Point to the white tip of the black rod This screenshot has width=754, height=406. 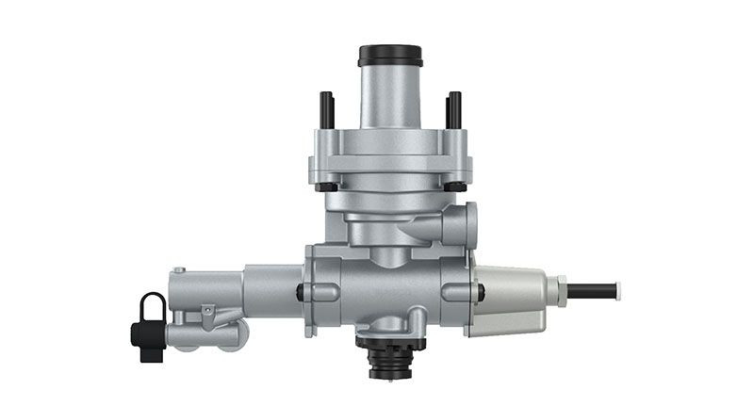[617, 291]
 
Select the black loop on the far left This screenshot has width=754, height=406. [152, 307]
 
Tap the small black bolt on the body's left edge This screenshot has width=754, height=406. [300, 293]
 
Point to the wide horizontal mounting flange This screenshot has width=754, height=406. [390, 171]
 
